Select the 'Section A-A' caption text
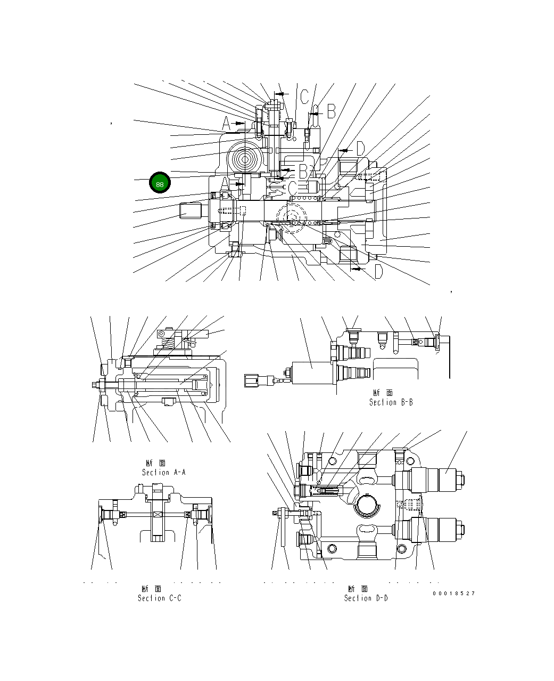163,472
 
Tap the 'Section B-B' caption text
391,402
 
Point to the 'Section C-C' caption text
159,598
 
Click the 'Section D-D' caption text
366,598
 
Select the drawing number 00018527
453,593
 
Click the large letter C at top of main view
303,96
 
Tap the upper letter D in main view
360,149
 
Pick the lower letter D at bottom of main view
377,272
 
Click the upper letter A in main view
226,125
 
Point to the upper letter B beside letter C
330,111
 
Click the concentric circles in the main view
245,159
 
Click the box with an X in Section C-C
158,514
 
